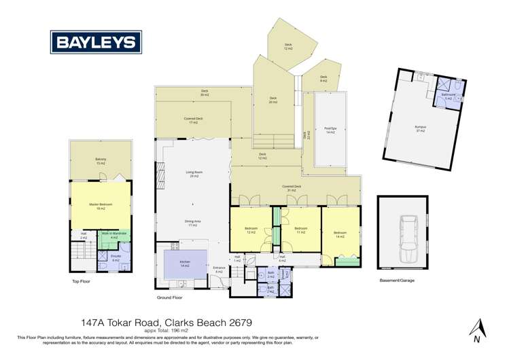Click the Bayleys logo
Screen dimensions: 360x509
coord(95,43)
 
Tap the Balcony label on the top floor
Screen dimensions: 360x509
coord(100,162)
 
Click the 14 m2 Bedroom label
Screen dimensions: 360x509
coord(340,234)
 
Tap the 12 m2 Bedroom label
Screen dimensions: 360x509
coord(250,231)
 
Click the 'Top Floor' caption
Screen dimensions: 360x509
coord(82,281)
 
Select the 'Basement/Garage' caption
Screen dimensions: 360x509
coord(398,280)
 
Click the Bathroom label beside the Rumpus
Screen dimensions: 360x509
coord(447,96)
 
